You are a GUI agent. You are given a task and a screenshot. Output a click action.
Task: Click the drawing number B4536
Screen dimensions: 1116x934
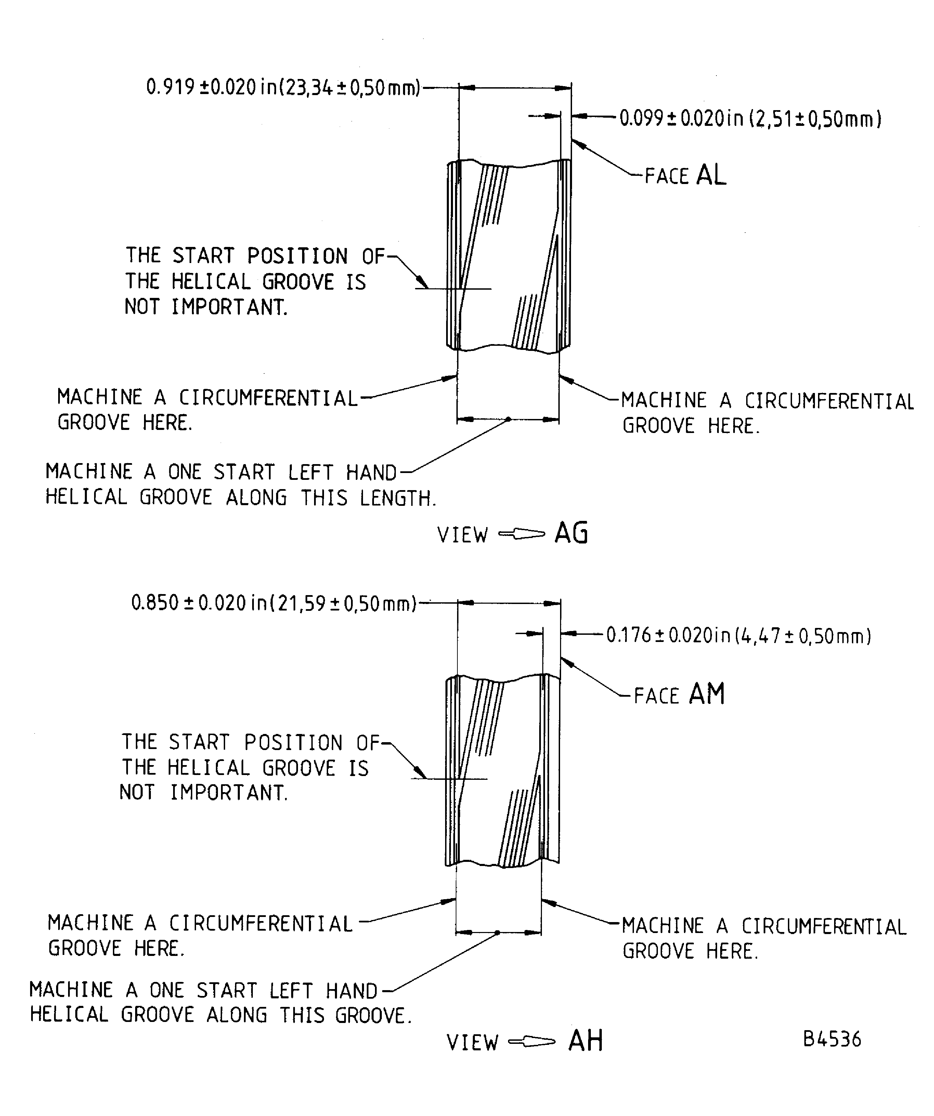832,1039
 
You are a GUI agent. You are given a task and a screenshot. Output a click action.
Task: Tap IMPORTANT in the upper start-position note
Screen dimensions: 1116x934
229,307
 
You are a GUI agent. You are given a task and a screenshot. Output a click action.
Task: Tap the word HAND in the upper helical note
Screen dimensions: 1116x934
371,472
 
